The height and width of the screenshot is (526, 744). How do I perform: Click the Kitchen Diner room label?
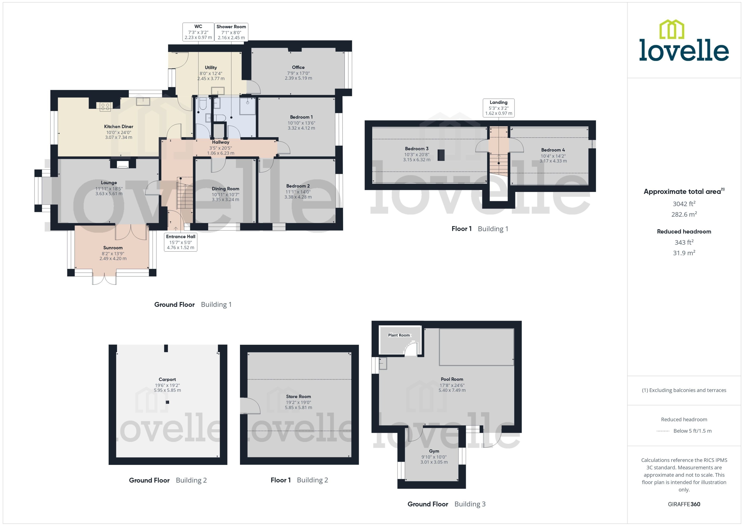click(x=119, y=127)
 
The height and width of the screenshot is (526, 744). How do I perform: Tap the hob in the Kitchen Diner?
click(x=105, y=107)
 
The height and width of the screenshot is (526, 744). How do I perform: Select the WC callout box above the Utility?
click(x=198, y=32)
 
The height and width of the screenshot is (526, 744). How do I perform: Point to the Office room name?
click(x=298, y=67)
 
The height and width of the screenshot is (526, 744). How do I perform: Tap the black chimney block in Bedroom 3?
click(x=441, y=155)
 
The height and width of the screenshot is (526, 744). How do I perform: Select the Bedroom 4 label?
click(x=553, y=150)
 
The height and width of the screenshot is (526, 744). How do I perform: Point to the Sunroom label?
click(x=113, y=248)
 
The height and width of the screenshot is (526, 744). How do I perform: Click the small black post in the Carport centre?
click(x=167, y=402)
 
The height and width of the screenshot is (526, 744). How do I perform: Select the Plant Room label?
click(x=399, y=335)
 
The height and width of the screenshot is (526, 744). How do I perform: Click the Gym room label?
click(x=434, y=451)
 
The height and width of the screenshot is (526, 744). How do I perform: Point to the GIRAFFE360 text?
click(x=684, y=504)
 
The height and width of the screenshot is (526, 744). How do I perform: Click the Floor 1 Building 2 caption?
click(x=299, y=480)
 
